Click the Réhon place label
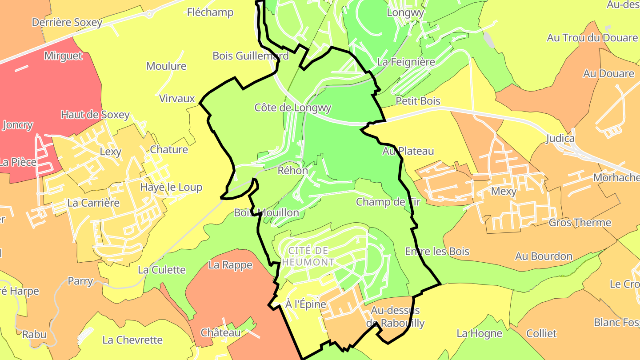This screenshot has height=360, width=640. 292,171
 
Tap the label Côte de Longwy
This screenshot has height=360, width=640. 293,108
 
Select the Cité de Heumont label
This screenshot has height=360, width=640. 308,256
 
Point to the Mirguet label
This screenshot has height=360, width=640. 63,56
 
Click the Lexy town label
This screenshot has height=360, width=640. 110,152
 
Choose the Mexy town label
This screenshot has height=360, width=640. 504,192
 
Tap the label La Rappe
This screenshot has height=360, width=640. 230,265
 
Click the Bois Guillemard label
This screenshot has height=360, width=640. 251,56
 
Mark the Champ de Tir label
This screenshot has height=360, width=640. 388,202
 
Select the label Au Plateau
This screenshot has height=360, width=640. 408,151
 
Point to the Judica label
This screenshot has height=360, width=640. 560,139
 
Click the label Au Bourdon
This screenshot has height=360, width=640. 544,256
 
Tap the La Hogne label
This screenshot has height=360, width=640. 479,333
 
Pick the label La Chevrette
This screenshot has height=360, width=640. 132,340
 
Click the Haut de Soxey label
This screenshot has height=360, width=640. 95,115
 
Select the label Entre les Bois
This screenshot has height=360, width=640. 437,252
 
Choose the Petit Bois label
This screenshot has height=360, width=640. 418,101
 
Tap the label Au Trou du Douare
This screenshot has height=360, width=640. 592,38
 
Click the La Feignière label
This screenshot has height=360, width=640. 406,62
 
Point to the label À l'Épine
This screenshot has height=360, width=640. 306,304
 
